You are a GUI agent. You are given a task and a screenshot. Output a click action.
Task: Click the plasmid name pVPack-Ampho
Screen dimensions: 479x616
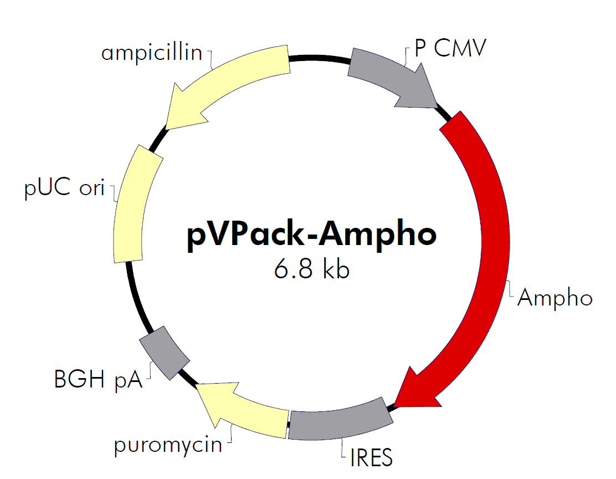click(x=311, y=235)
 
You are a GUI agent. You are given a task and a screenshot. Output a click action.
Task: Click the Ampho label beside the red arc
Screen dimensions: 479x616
click(x=555, y=298)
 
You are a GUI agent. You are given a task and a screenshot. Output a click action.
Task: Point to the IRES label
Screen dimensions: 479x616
click(x=371, y=458)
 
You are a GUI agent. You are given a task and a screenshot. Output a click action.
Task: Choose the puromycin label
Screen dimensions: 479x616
click(x=168, y=445)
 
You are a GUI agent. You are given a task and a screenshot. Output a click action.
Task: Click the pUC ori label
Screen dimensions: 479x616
click(x=64, y=188)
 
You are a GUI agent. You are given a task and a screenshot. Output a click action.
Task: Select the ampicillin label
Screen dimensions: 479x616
click(x=151, y=53)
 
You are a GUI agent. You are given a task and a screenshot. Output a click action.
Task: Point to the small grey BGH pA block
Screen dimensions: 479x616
click(x=163, y=350)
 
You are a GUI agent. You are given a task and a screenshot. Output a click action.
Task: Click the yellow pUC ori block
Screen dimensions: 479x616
click(x=133, y=205)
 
